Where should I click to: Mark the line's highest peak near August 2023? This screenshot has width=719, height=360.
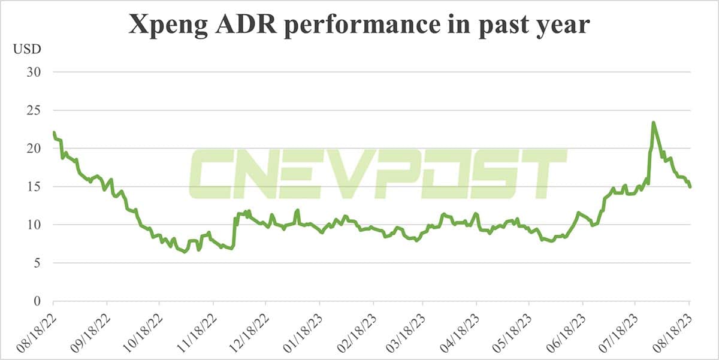(x=653, y=123)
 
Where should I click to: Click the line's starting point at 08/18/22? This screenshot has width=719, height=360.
(x=54, y=132)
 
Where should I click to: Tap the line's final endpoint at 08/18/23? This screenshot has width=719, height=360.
(x=690, y=187)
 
